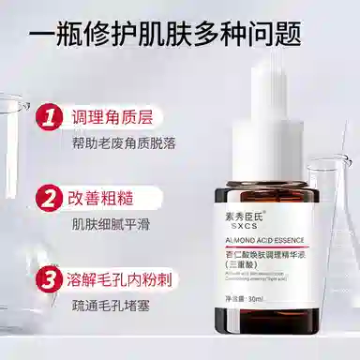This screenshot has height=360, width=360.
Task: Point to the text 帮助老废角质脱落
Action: click(123, 143)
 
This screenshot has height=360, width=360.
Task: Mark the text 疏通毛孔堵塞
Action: click(110, 305)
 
